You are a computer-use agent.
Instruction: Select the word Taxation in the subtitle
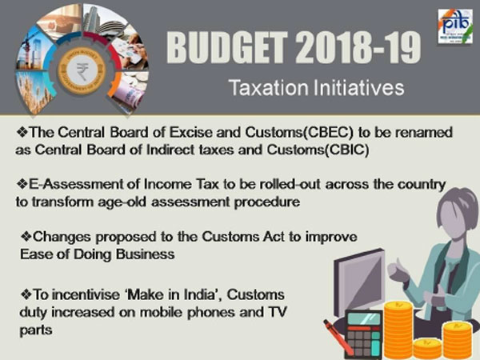265,86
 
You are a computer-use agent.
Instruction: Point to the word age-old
137,203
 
